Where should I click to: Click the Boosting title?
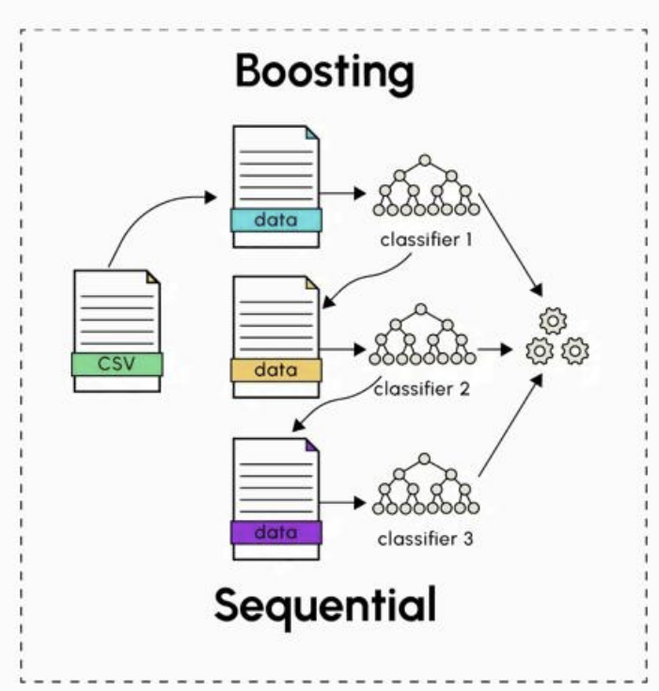[x=325, y=72]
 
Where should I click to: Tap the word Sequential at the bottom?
[x=325, y=606]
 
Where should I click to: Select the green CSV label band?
[x=118, y=364]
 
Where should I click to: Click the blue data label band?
[x=276, y=220]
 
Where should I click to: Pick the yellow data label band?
[x=276, y=370]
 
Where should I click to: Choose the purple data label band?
[x=276, y=532]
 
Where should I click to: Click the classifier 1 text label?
[x=426, y=240]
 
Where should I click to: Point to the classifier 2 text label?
[x=422, y=389]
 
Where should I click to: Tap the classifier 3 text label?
[x=425, y=539]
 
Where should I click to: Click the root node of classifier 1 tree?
[x=425, y=160]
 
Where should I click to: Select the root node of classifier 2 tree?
[x=421, y=309]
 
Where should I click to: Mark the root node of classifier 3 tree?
[x=425, y=459]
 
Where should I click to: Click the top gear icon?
[x=553, y=321]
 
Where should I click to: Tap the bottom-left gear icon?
[x=540, y=352]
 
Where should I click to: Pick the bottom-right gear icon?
[x=574, y=352]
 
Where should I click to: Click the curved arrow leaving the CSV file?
[x=149, y=212]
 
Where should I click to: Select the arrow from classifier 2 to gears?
[x=494, y=350]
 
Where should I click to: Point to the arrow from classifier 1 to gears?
[x=510, y=245]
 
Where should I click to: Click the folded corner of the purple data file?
[x=312, y=445]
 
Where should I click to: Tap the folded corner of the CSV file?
[x=153, y=276]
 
